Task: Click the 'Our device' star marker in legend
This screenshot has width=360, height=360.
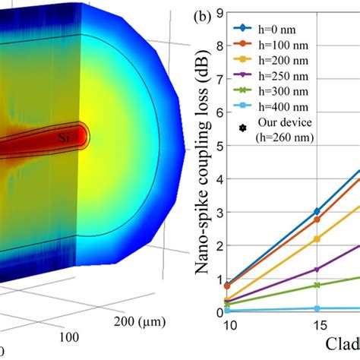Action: [x=242, y=143]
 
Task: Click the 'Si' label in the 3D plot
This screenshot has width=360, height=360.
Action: [x=66, y=138]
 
